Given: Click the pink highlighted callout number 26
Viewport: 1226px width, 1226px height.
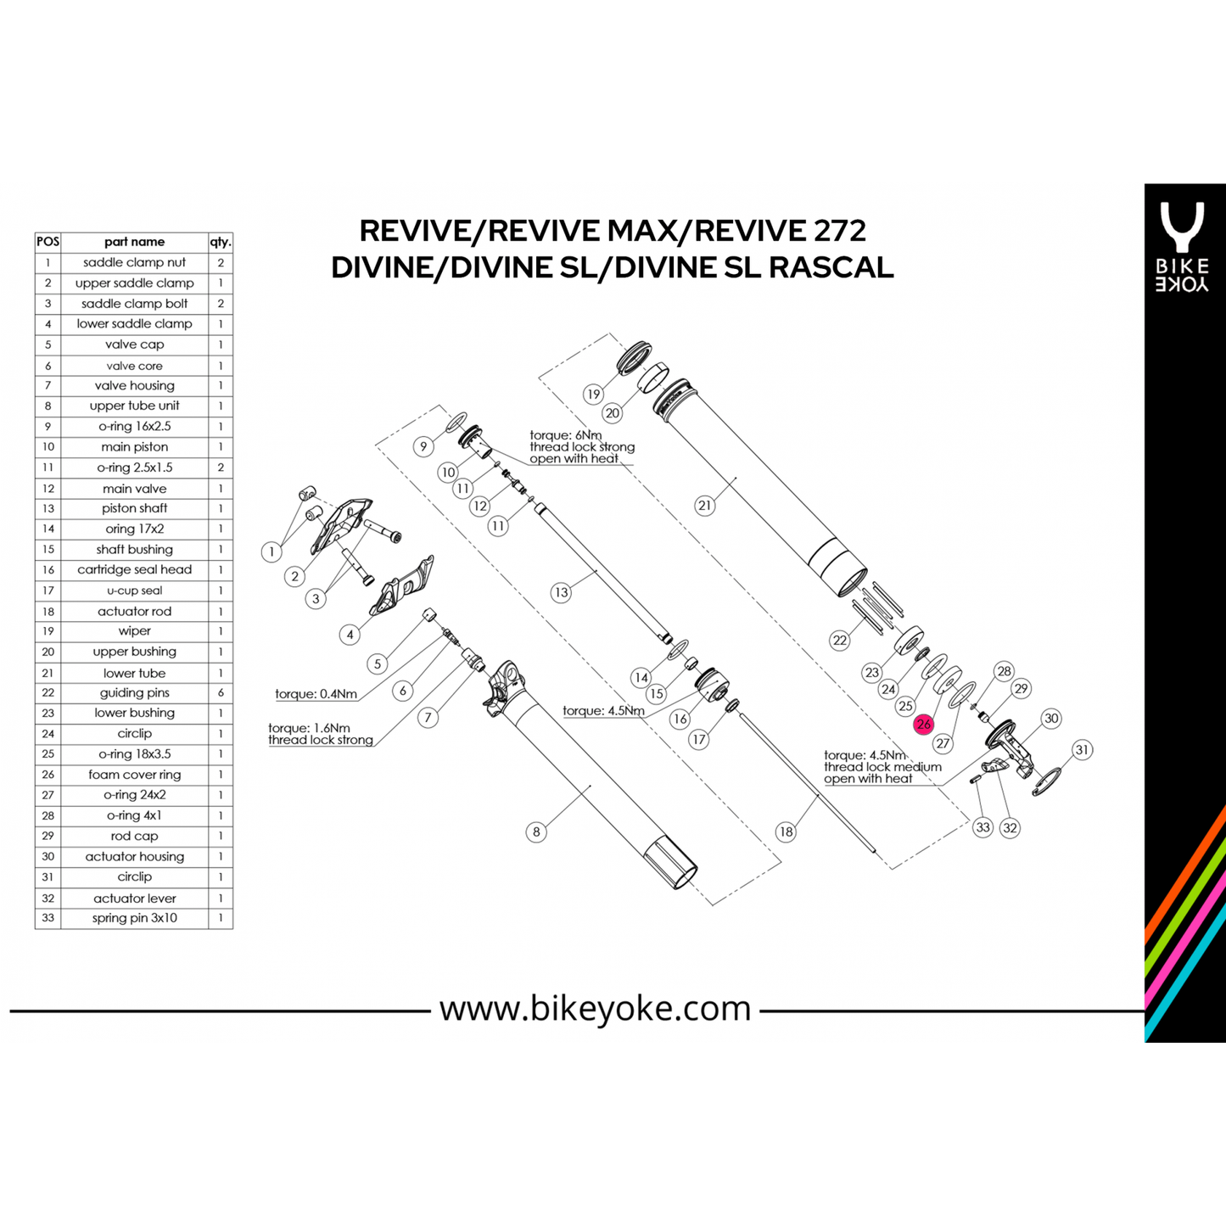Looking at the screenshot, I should (x=923, y=725).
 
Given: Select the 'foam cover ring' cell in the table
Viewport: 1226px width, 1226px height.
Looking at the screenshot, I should (x=134, y=775).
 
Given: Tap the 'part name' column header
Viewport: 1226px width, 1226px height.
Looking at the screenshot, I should (x=134, y=242).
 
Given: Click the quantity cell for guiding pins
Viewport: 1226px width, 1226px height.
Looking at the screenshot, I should (x=221, y=693).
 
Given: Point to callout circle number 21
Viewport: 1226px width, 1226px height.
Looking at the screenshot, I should (x=704, y=506).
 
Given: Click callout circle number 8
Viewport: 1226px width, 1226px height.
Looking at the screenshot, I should (x=535, y=831).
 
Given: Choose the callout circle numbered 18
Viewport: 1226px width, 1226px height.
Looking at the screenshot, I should (x=786, y=831).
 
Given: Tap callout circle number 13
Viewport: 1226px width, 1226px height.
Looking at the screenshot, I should (x=560, y=592).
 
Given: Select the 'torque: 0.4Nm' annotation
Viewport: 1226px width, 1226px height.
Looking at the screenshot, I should (x=316, y=694).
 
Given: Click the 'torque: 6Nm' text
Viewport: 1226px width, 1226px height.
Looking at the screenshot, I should (x=565, y=435).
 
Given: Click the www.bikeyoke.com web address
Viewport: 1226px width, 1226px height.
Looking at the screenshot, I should (x=595, y=1008).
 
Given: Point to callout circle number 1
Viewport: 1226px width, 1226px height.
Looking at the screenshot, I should (x=272, y=552).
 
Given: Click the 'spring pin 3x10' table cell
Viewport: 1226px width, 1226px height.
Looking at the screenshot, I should (x=134, y=918).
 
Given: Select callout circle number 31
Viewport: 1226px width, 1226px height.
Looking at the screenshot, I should (x=1081, y=750).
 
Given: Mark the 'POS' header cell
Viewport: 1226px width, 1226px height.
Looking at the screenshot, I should (x=48, y=242).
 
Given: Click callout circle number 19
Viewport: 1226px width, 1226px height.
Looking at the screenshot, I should (x=593, y=394).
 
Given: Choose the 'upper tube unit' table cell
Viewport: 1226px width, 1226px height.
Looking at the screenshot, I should (x=134, y=406).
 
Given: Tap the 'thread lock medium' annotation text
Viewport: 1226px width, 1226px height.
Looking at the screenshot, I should (x=882, y=767).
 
